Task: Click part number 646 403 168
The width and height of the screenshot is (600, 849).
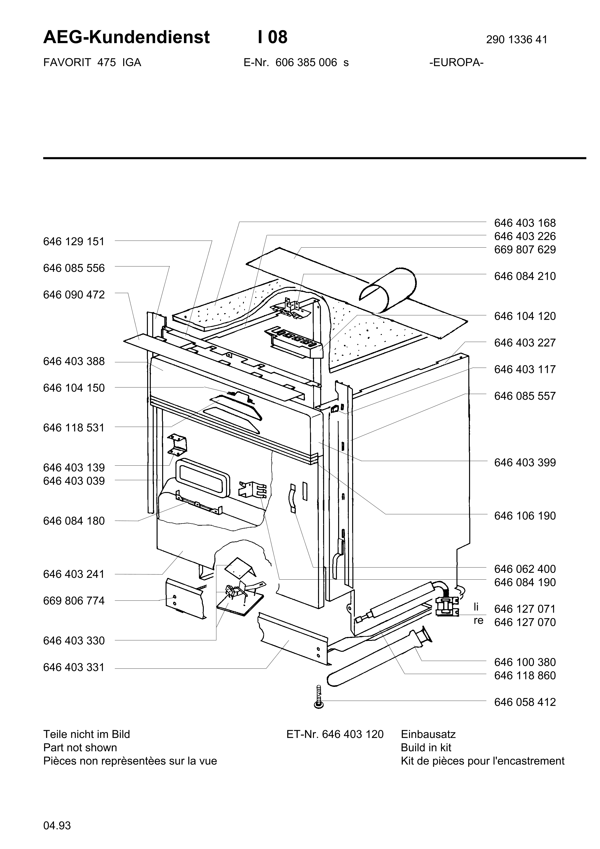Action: pyautogui.click(x=525, y=223)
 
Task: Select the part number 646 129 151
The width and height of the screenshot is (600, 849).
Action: pyautogui.click(x=74, y=242)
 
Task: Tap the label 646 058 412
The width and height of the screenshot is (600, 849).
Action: pyautogui.click(x=525, y=702)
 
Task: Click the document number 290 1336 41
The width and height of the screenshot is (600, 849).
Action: pyautogui.click(x=516, y=39)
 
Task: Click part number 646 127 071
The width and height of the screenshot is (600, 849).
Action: pyautogui.click(x=525, y=609)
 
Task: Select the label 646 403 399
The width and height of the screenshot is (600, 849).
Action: pyautogui.click(x=525, y=462)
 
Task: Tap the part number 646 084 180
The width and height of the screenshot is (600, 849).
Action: pyautogui.click(x=74, y=521)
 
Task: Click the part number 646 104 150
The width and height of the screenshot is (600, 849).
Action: pyautogui.click(x=74, y=388)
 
